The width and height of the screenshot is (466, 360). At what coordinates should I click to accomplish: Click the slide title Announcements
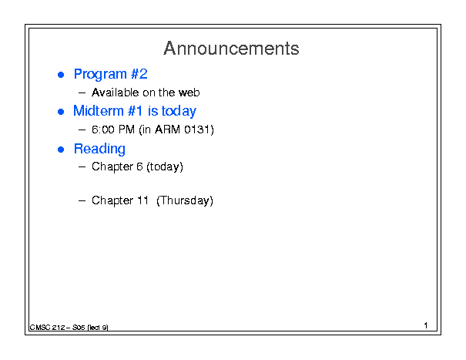click(x=231, y=49)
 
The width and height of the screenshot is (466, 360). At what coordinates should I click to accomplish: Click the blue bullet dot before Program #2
click(x=61, y=75)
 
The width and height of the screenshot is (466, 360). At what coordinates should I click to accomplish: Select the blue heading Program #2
click(x=111, y=74)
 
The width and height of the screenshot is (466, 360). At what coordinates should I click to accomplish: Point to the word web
click(x=189, y=93)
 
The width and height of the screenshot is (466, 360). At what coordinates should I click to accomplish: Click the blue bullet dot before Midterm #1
click(x=61, y=112)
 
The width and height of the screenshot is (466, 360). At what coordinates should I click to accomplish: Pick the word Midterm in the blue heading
click(x=99, y=111)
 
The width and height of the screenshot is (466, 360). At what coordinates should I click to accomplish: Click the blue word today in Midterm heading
click(x=179, y=112)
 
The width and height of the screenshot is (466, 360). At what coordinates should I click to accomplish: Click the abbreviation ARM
click(x=168, y=130)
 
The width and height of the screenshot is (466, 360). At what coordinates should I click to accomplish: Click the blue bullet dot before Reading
click(x=61, y=150)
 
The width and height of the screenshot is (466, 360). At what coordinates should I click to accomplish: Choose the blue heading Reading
click(x=99, y=149)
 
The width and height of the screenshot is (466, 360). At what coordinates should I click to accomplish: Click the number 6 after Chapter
click(x=139, y=167)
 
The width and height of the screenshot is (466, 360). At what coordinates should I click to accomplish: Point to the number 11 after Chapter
click(x=142, y=200)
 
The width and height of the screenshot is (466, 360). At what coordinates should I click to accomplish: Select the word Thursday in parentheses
click(x=185, y=200)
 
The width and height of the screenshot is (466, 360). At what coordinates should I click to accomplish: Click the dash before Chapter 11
click(x=82, y=201)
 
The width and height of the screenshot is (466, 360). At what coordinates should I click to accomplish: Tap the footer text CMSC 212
click(x=47, y=328)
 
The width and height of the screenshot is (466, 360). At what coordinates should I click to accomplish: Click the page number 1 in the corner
click(x=426, y=325)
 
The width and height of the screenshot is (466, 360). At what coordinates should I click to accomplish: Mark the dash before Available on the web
click(x=82, y=93)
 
